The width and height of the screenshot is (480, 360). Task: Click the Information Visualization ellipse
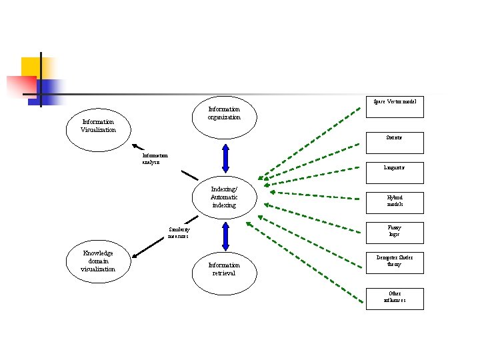[x=98, y=126]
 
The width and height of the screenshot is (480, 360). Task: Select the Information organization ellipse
[x=224, y=113]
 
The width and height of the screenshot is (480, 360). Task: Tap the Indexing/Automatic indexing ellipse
[x=224, y=197]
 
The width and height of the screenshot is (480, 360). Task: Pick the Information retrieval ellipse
[x=224, y=269]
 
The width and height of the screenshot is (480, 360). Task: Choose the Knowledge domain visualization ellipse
[x=98, y=261]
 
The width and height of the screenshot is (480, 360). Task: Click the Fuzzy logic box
[x=395, y=231]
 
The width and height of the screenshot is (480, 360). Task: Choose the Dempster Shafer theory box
[x=395, y=261]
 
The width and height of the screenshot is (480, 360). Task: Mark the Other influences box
[x=395, y=297]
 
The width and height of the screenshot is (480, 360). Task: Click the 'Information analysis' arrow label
[x=155, y=159]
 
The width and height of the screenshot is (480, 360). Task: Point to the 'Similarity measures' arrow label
[x=179, y=233]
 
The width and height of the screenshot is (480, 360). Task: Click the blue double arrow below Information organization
[x=225, y=159]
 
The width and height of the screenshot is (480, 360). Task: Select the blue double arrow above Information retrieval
[x=225, y=235]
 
